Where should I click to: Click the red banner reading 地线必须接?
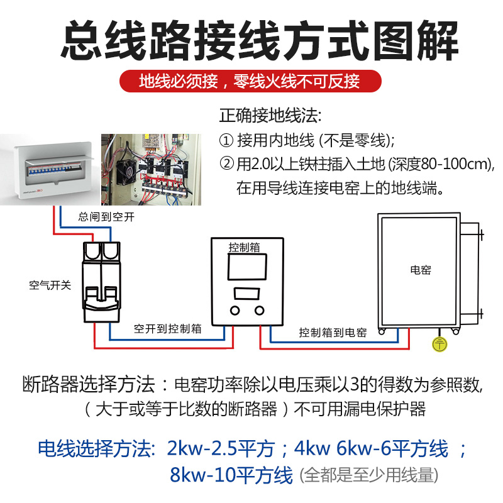[x=251, y=82]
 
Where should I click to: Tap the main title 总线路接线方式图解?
[x=251, y=41]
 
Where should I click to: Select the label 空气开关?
[x=50, y=285]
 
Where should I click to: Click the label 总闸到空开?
[x=106, y=218]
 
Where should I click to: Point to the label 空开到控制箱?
[x=167, y=328]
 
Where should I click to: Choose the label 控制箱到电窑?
[x=333, y=333]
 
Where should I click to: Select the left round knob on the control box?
[x=235, y=310]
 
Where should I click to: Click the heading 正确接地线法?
[x=270, y=116]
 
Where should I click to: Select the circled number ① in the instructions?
[x=226, y=140]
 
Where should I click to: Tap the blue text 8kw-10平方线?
[x=231, y=475]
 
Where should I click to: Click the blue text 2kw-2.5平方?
[x=221, y=449]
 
